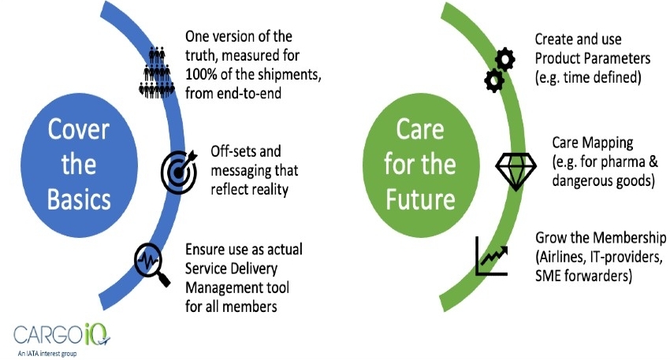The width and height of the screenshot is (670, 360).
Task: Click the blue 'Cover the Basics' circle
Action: (x=79, y=165)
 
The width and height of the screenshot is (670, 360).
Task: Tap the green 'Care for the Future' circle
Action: (x=421, y=165)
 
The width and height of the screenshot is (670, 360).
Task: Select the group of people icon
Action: (x=157, y=73)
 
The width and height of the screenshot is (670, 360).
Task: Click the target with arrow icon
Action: (x=180, y=172)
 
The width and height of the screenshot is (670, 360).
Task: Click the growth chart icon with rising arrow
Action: (x=492, y=256)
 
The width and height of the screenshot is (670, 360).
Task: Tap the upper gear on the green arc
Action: (x=504, y=59)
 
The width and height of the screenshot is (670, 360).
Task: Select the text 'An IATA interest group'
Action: (x=47, y=354)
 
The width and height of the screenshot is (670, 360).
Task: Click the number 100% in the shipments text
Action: (x=202, y=74)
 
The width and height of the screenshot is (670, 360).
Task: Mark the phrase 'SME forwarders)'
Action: (x=583, y=276)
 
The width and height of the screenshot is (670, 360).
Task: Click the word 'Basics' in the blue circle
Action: (x=79, y=199)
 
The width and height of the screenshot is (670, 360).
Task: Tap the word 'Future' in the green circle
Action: (x=420, y=199)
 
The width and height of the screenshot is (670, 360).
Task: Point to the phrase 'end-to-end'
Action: (x=249, y=93)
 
